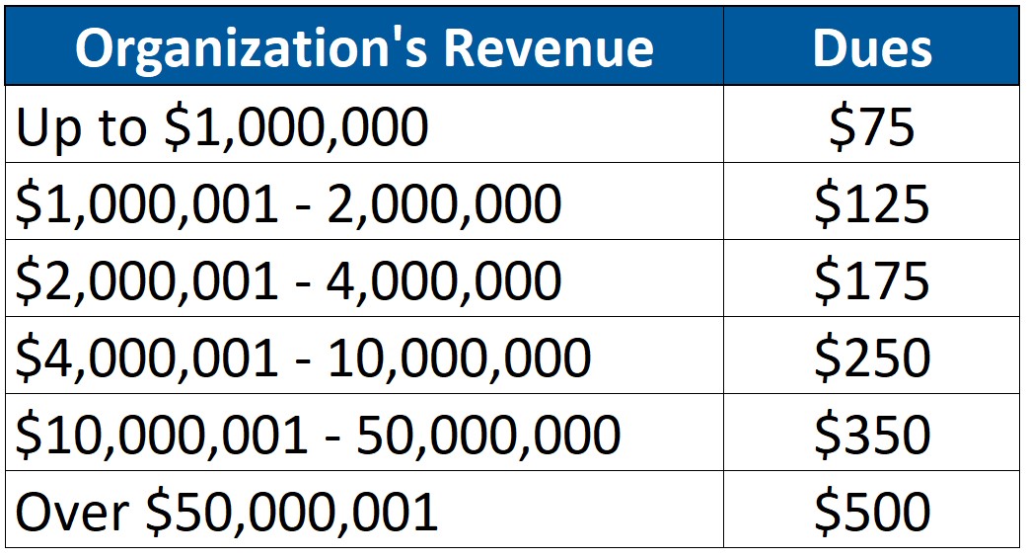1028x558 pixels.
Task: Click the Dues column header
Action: (x=871, y=47)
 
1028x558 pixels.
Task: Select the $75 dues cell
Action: (x=871, y=126)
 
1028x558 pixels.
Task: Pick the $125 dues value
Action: (x=871, y=203)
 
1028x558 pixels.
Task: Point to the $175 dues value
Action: (x=871, y=280)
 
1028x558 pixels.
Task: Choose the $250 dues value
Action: (x=871, y=358)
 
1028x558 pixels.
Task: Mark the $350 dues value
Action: (x=871, y=435)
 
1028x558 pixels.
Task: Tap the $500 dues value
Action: (x=871, y=512)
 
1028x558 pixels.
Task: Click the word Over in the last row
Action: (x=72, y=512)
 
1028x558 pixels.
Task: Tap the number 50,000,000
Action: (x=487, y=435)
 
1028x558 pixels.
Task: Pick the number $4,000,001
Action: (x=147, y=358)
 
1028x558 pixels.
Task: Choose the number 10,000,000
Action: (x=459, y=358)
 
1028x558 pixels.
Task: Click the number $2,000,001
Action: (x=147, y=280)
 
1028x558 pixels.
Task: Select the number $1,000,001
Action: (x=147, y=203)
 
